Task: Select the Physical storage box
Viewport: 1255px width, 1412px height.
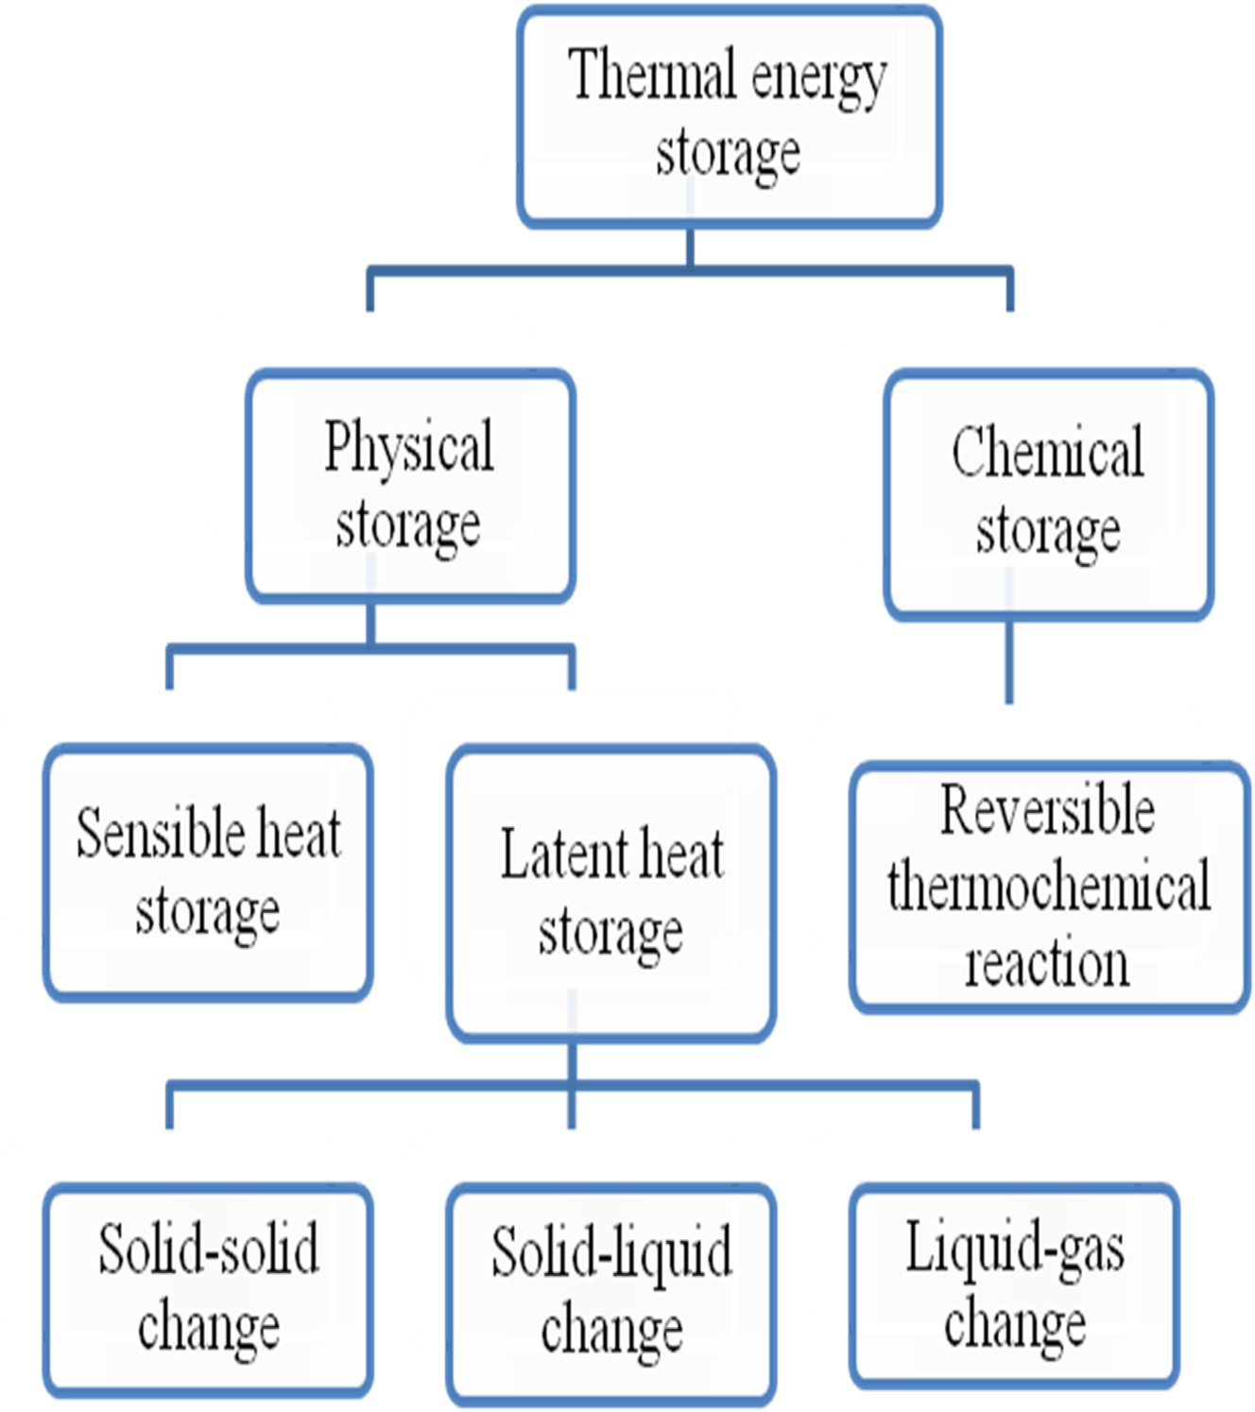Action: tap(410, 486)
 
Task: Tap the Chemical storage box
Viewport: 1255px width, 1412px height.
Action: tap(1048, 493)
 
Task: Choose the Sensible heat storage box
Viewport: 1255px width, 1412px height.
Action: tap(208, 872)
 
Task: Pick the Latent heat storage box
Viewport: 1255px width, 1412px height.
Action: tap(611, 893)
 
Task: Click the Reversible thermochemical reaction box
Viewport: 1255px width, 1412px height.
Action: tap(1049, 887)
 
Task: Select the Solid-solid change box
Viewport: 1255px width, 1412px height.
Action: tap(208, 1290)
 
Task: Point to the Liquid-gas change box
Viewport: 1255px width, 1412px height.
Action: tap(1014, 1286)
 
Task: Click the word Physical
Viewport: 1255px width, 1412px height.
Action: tap(408, 447)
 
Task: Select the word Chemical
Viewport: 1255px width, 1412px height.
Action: tap(1047, 453)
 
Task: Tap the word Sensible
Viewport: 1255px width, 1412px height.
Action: tap(158, 834)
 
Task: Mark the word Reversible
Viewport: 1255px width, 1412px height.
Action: tap(1047, 811)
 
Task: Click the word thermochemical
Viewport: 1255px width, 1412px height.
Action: tap(1049, 887)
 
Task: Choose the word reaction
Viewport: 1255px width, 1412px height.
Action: tap(1047, 964)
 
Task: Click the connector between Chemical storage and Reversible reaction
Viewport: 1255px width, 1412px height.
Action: tap(1009, 662)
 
